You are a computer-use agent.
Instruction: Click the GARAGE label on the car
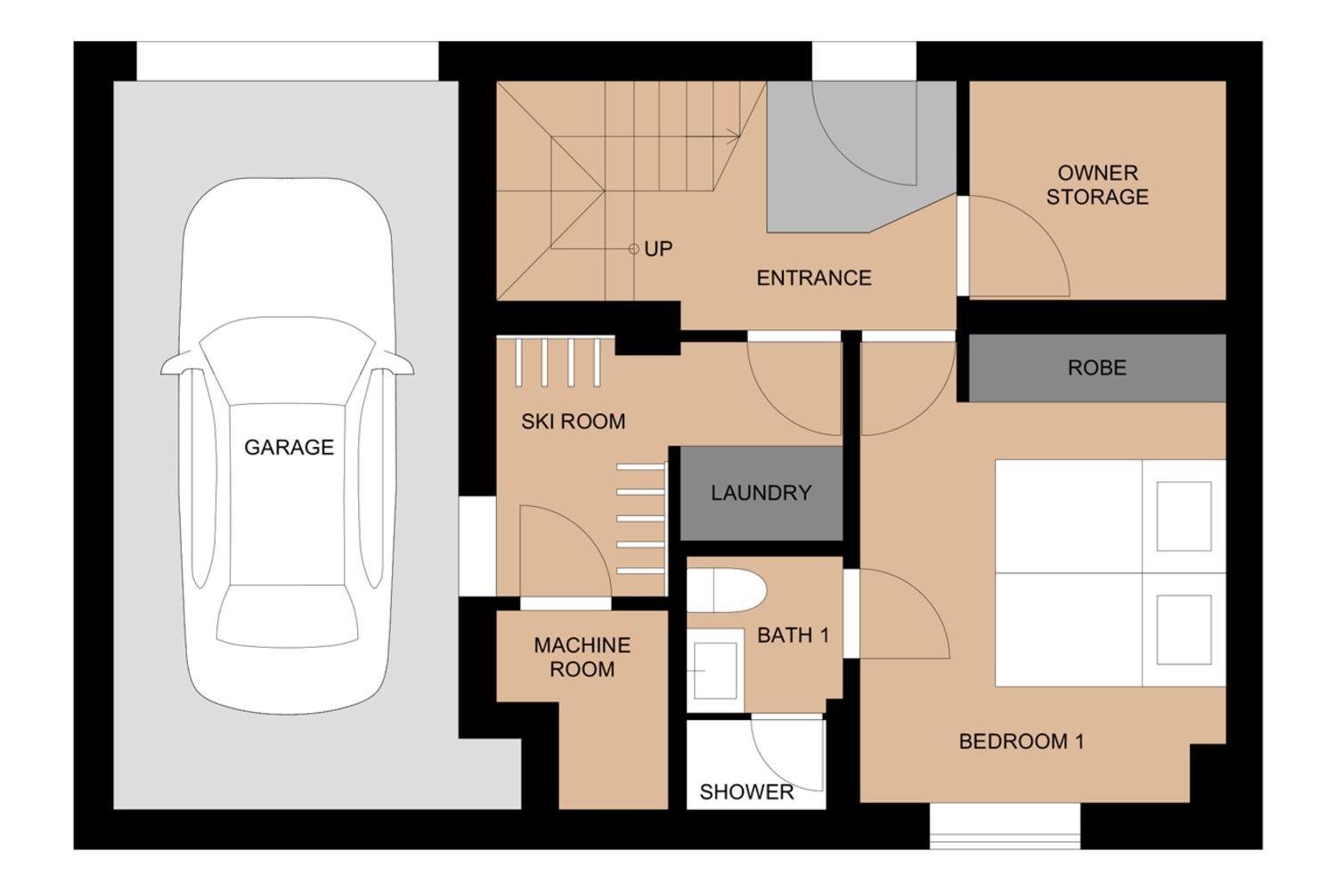[289, 447]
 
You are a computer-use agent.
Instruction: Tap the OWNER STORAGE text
[1097, 185]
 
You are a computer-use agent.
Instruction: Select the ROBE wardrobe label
[1096, 368]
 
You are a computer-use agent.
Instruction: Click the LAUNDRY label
[761, 493]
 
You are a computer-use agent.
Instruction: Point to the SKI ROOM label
[573, 421]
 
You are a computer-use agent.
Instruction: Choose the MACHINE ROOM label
[582, 657]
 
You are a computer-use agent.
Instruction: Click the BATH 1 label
[793, 635]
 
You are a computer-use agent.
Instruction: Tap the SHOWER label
[746, 792]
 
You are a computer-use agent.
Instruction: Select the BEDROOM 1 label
[1021, 741]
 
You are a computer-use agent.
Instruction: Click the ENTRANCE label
[813, 278]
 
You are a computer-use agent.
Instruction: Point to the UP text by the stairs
[658, 249]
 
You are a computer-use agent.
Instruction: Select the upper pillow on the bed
[1184, 516]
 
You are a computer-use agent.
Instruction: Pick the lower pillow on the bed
[1184, 630]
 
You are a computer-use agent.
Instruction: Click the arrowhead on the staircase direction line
[735, 137]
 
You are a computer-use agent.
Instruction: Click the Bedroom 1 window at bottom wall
[1005, 826]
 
